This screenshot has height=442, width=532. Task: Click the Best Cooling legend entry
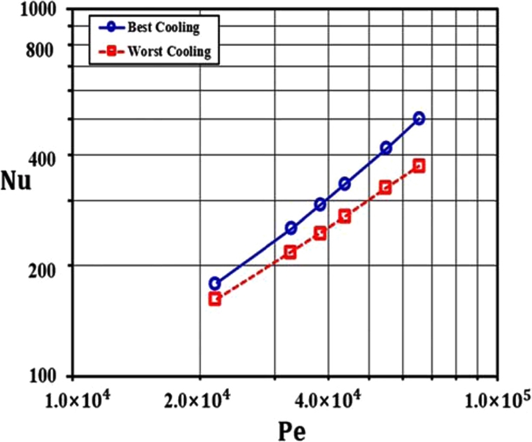(163, 29)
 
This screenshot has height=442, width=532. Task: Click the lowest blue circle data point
(215, 283)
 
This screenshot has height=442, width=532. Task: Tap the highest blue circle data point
(419, 118)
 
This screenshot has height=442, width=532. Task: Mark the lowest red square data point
(215, 299)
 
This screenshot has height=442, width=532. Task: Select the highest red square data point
(419, 166)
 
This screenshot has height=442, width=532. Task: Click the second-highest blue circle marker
(386, 148)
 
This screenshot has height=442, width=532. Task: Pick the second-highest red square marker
(385, 187)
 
